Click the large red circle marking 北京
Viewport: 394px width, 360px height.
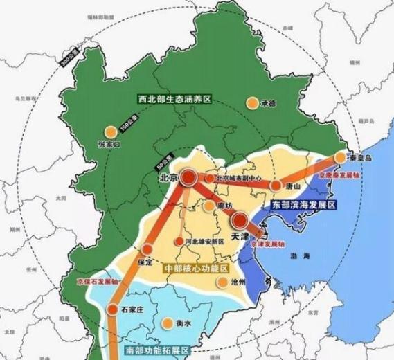190,177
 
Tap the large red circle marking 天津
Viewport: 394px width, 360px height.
240,221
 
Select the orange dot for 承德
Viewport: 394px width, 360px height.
251,104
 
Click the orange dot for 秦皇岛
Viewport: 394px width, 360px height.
339,158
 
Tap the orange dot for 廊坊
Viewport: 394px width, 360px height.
210,206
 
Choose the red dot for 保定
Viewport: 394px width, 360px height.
146,249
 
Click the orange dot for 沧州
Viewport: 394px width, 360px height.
222,282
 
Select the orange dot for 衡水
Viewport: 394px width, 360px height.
168,323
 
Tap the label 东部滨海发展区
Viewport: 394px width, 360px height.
303,206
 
